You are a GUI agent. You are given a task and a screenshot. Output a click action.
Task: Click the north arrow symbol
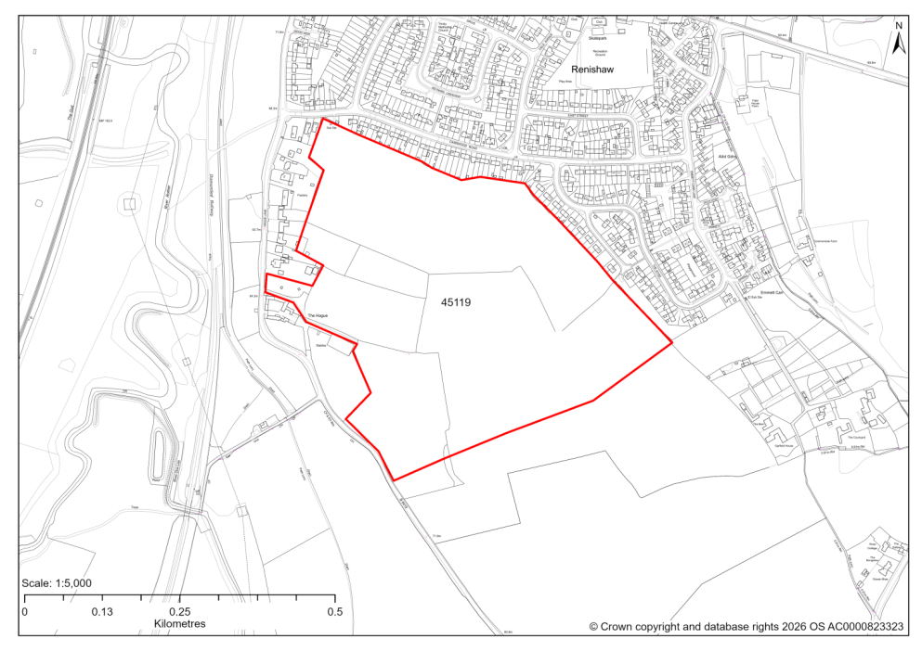point(898,43)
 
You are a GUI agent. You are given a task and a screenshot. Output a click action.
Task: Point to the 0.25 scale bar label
point(180,612)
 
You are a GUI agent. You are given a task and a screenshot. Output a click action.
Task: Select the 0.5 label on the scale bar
point(335,612)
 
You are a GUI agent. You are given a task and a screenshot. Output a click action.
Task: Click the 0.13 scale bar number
point(102,612)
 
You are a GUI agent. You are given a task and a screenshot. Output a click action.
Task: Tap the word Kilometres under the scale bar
point(180,624)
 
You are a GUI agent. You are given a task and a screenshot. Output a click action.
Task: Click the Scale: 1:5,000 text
point(56,583)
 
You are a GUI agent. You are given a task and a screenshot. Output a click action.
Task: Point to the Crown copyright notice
point(747,627)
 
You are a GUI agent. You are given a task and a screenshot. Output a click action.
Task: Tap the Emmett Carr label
point(773,292)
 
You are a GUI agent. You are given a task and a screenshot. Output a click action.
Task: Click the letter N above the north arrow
point(898,25)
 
